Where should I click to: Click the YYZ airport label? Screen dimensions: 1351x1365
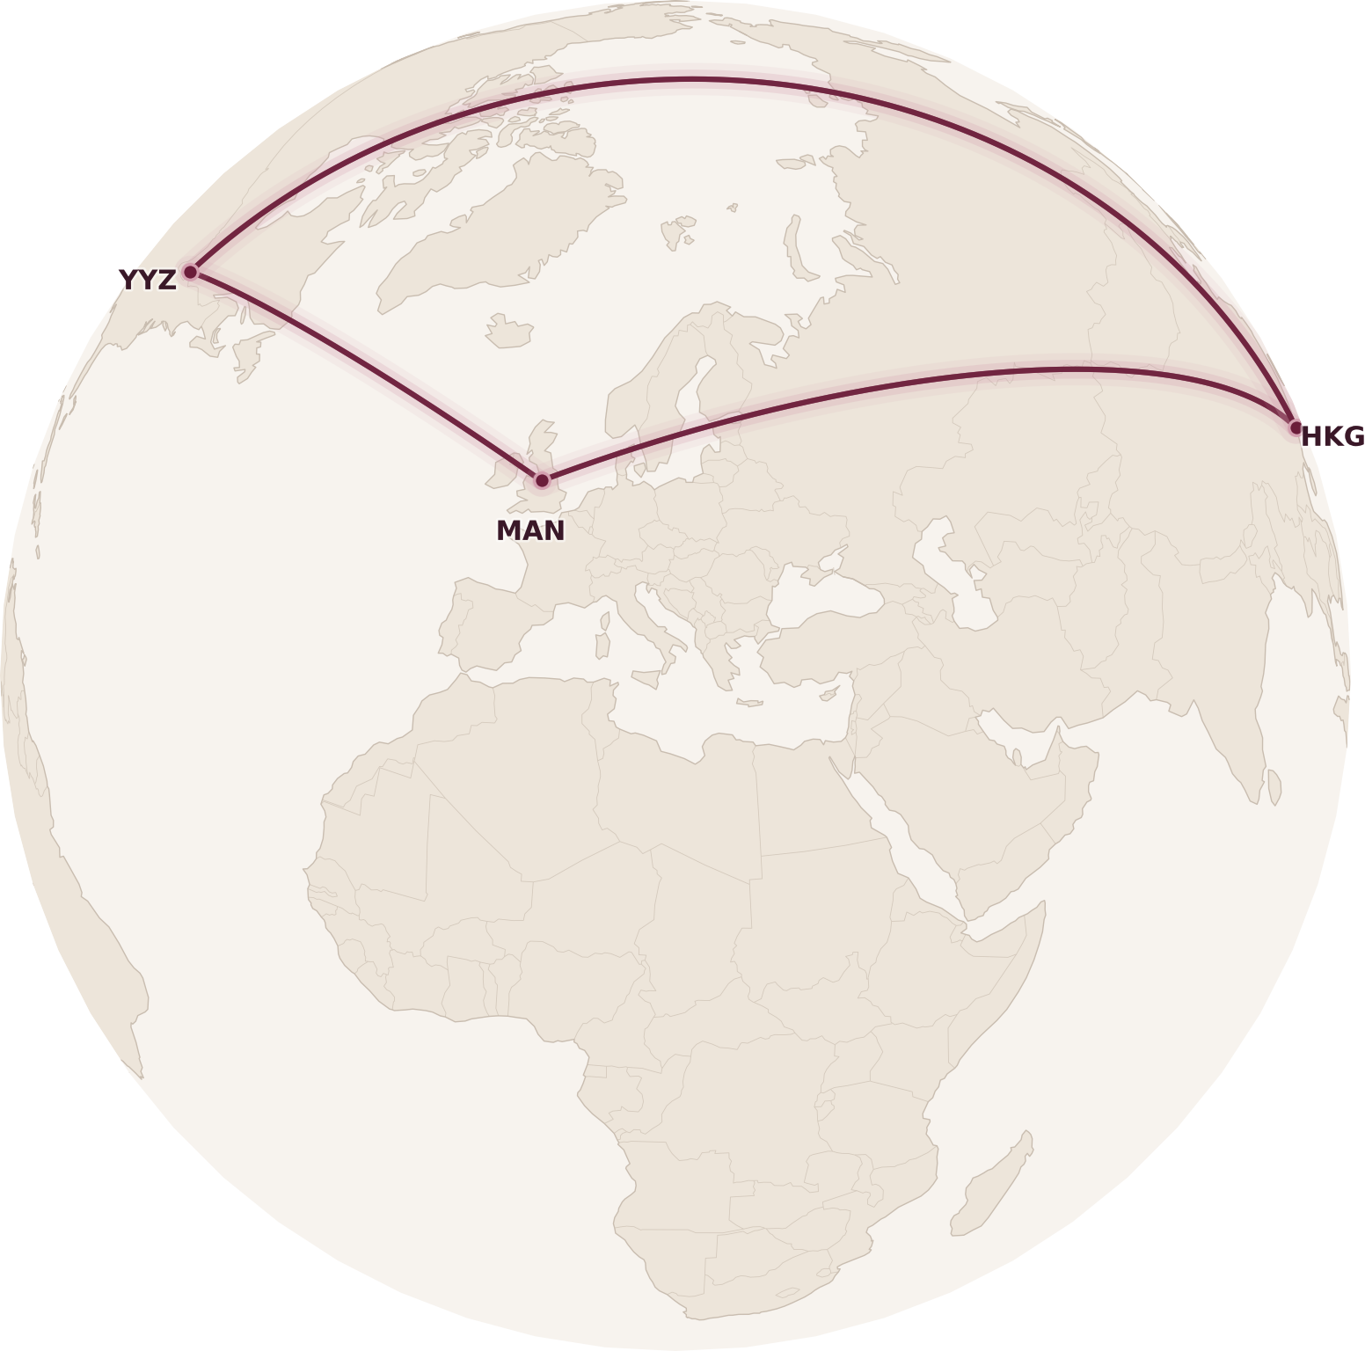pyautogui.click(x=147, y=280)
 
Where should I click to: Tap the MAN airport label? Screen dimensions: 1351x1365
pyautogui.click(x=530, y=530)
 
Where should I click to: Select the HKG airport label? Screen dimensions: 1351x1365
pyautogui.click(x=1332, y=436)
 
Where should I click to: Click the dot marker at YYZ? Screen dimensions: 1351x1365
pyautogui.click(x=190, y=272)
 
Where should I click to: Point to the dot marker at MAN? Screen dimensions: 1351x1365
pyautogui.click(x=542, y=480)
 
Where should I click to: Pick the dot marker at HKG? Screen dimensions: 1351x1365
pyautogui.click(x=1295, y=428)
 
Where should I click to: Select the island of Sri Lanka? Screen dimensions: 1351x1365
pyautogui.click(x=1274, y=787)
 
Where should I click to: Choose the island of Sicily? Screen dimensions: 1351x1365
pyautogui.click(x=647, y=678)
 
